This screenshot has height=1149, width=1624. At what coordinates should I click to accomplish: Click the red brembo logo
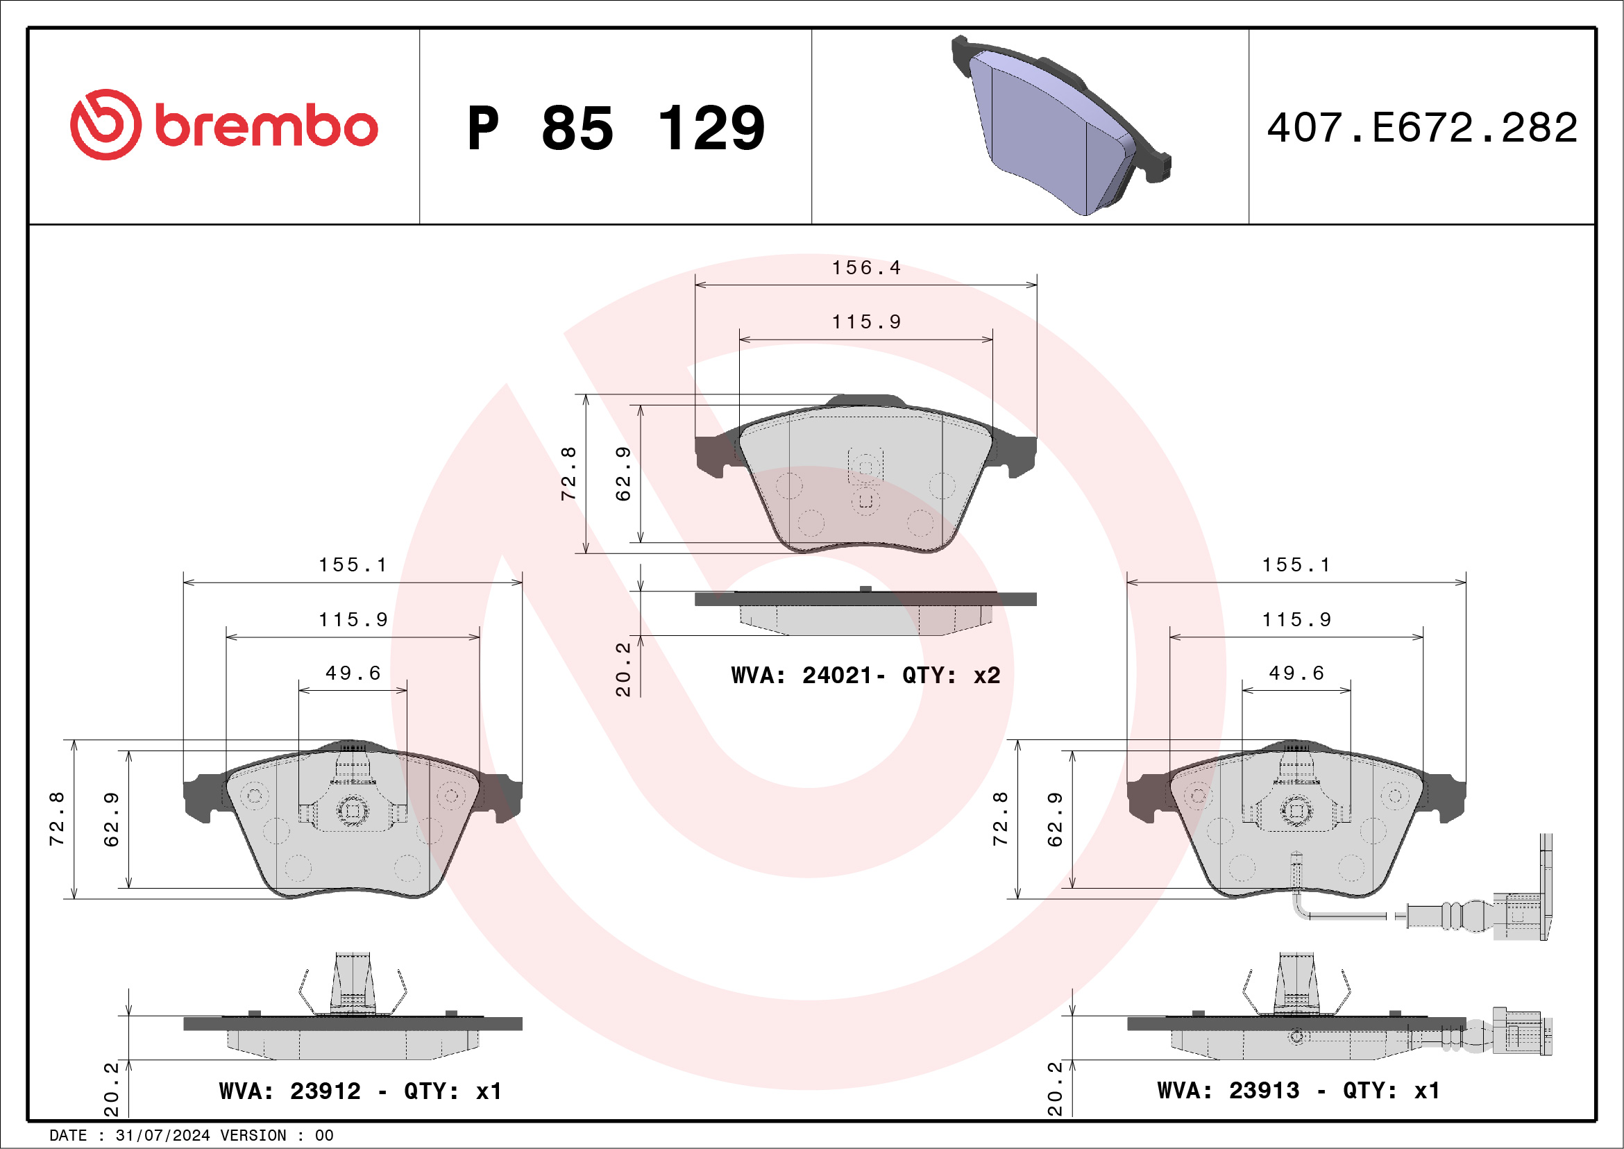tap(223, 124)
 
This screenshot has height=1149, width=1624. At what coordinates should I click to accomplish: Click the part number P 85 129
tap(616, 128)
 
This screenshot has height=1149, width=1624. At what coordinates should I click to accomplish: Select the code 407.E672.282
tap(1422, 128)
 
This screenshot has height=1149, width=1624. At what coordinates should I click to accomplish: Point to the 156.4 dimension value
tap(865, 268)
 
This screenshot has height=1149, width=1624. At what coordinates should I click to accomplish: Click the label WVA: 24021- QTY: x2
tap(865, 676)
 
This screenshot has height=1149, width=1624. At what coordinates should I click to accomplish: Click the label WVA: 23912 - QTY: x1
tap(360, 1091)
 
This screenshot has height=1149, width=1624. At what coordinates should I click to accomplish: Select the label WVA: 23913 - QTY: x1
tap(1298, 1090)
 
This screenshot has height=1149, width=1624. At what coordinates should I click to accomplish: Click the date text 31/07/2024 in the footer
tap(162, 1136)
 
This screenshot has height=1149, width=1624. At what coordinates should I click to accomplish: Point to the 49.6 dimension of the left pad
tap(353, 673)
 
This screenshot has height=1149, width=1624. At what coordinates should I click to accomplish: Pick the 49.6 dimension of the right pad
tap(1296, 673)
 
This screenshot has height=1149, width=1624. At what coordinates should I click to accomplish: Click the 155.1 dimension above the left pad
tap(353, 564)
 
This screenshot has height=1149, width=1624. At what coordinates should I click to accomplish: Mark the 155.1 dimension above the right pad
tap(1296, 564)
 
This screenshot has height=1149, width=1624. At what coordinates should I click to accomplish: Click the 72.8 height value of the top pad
tap(568, 473)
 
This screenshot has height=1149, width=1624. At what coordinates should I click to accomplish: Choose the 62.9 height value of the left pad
tap(112, 819)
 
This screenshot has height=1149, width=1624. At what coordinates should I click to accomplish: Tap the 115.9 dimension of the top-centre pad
tap(865, 322)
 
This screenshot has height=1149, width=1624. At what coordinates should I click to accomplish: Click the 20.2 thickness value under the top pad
tap(623, 669)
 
